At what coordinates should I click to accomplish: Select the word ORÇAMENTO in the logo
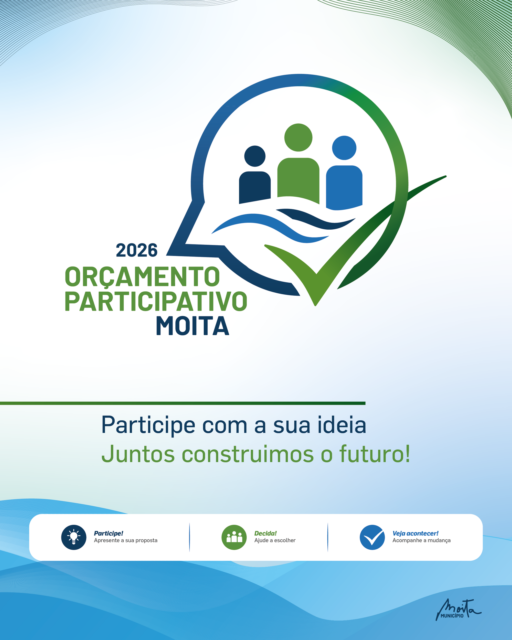point(142,277)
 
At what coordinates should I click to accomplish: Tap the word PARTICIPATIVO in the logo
point(156,301)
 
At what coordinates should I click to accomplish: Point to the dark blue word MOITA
point(193,326)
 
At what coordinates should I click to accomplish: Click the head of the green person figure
point(298,137)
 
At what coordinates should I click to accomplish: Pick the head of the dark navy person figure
point(255,156)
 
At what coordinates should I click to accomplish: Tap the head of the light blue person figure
point(344,148)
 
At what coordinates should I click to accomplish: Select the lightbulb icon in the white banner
point(74,537)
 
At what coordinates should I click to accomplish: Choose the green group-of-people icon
point(234,537)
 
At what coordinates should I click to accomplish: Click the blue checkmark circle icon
point(372,537)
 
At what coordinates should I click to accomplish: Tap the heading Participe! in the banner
point(109,534)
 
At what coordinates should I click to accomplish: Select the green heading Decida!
point(265,534)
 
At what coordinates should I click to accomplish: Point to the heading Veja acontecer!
point(415,534)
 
